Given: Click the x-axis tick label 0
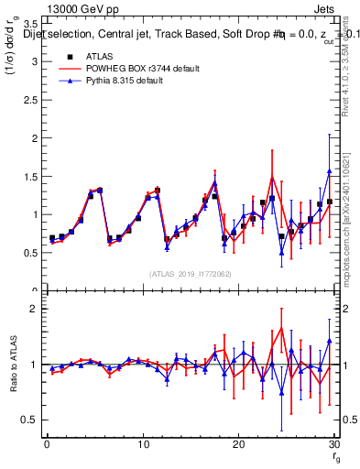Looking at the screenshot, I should tap(46, 444).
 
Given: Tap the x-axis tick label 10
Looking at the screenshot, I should tap(142, 444).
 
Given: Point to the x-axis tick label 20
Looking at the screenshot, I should tap(238, 444).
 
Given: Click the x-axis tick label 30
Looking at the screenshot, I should tap(333, 444).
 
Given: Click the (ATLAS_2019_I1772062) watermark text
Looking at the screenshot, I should tap(191, 274).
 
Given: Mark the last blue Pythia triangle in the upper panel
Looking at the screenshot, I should tap(329, 171).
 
